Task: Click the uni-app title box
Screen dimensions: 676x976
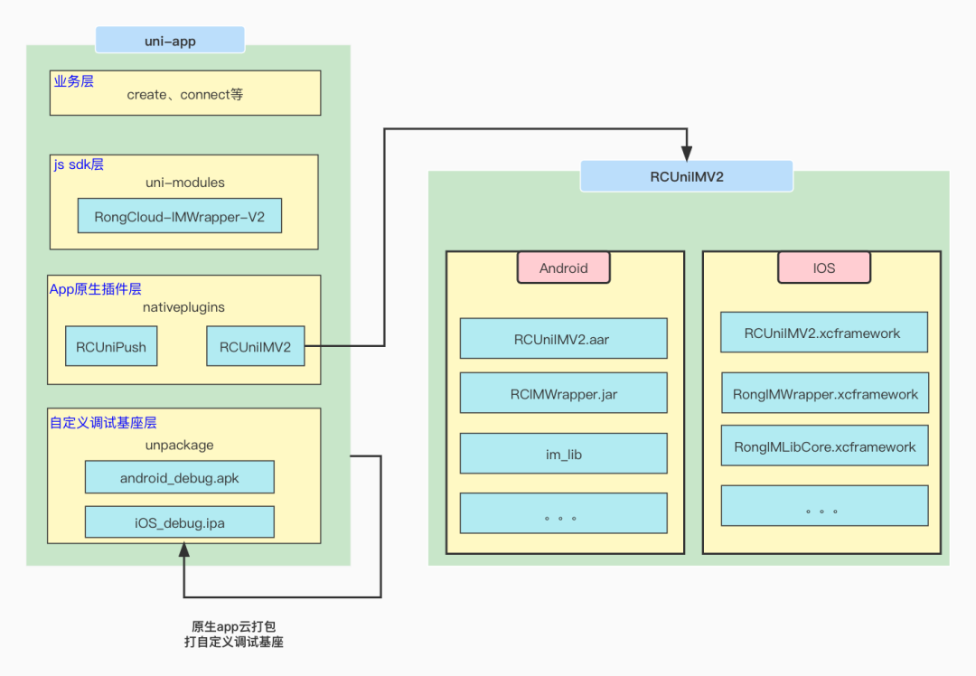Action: pyautogui.click(x=170, y=40)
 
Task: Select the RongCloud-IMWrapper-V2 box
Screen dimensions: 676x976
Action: pyautogui.click(x=179, y=216)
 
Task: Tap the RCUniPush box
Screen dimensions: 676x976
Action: pyautogui.click(x=111, y=346)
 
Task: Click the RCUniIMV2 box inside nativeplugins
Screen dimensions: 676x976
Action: pyautogui.click(x=255, y=346)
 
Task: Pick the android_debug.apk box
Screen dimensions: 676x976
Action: pyautogui.click(x=179, y=477)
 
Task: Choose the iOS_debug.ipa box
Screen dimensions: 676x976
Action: pyautogui.click(x=179, y=522)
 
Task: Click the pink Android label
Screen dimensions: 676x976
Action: pyautogui.click(x=563, y=268)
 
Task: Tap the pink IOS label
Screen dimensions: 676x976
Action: pyautogui.click(x=823, y=268)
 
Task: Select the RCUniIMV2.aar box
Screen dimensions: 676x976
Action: pyautogui.click(x=563, y=338)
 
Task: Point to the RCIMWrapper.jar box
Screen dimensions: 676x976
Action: pyautogui.click(x=563, y=393)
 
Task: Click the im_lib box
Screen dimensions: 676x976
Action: pyautogui.click(x=563, y=454)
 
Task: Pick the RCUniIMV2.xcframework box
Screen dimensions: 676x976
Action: pyautogui.click(x=823, y=333)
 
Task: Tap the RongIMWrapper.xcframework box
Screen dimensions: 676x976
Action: pyautogui.click(x=823, y=393)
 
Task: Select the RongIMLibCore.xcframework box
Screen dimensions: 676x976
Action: pyautogui.click(x=823, y=446)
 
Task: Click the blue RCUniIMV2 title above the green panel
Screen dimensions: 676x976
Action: pyautogui.click(x=686, y=176)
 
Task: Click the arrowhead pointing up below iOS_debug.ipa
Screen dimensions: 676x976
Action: pyautogui.click(x=184, y=550)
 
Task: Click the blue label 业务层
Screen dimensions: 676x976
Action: pyautogui.click(x=73, y=81)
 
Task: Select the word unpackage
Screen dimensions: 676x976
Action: pyautogui.click(x=179, y=445)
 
